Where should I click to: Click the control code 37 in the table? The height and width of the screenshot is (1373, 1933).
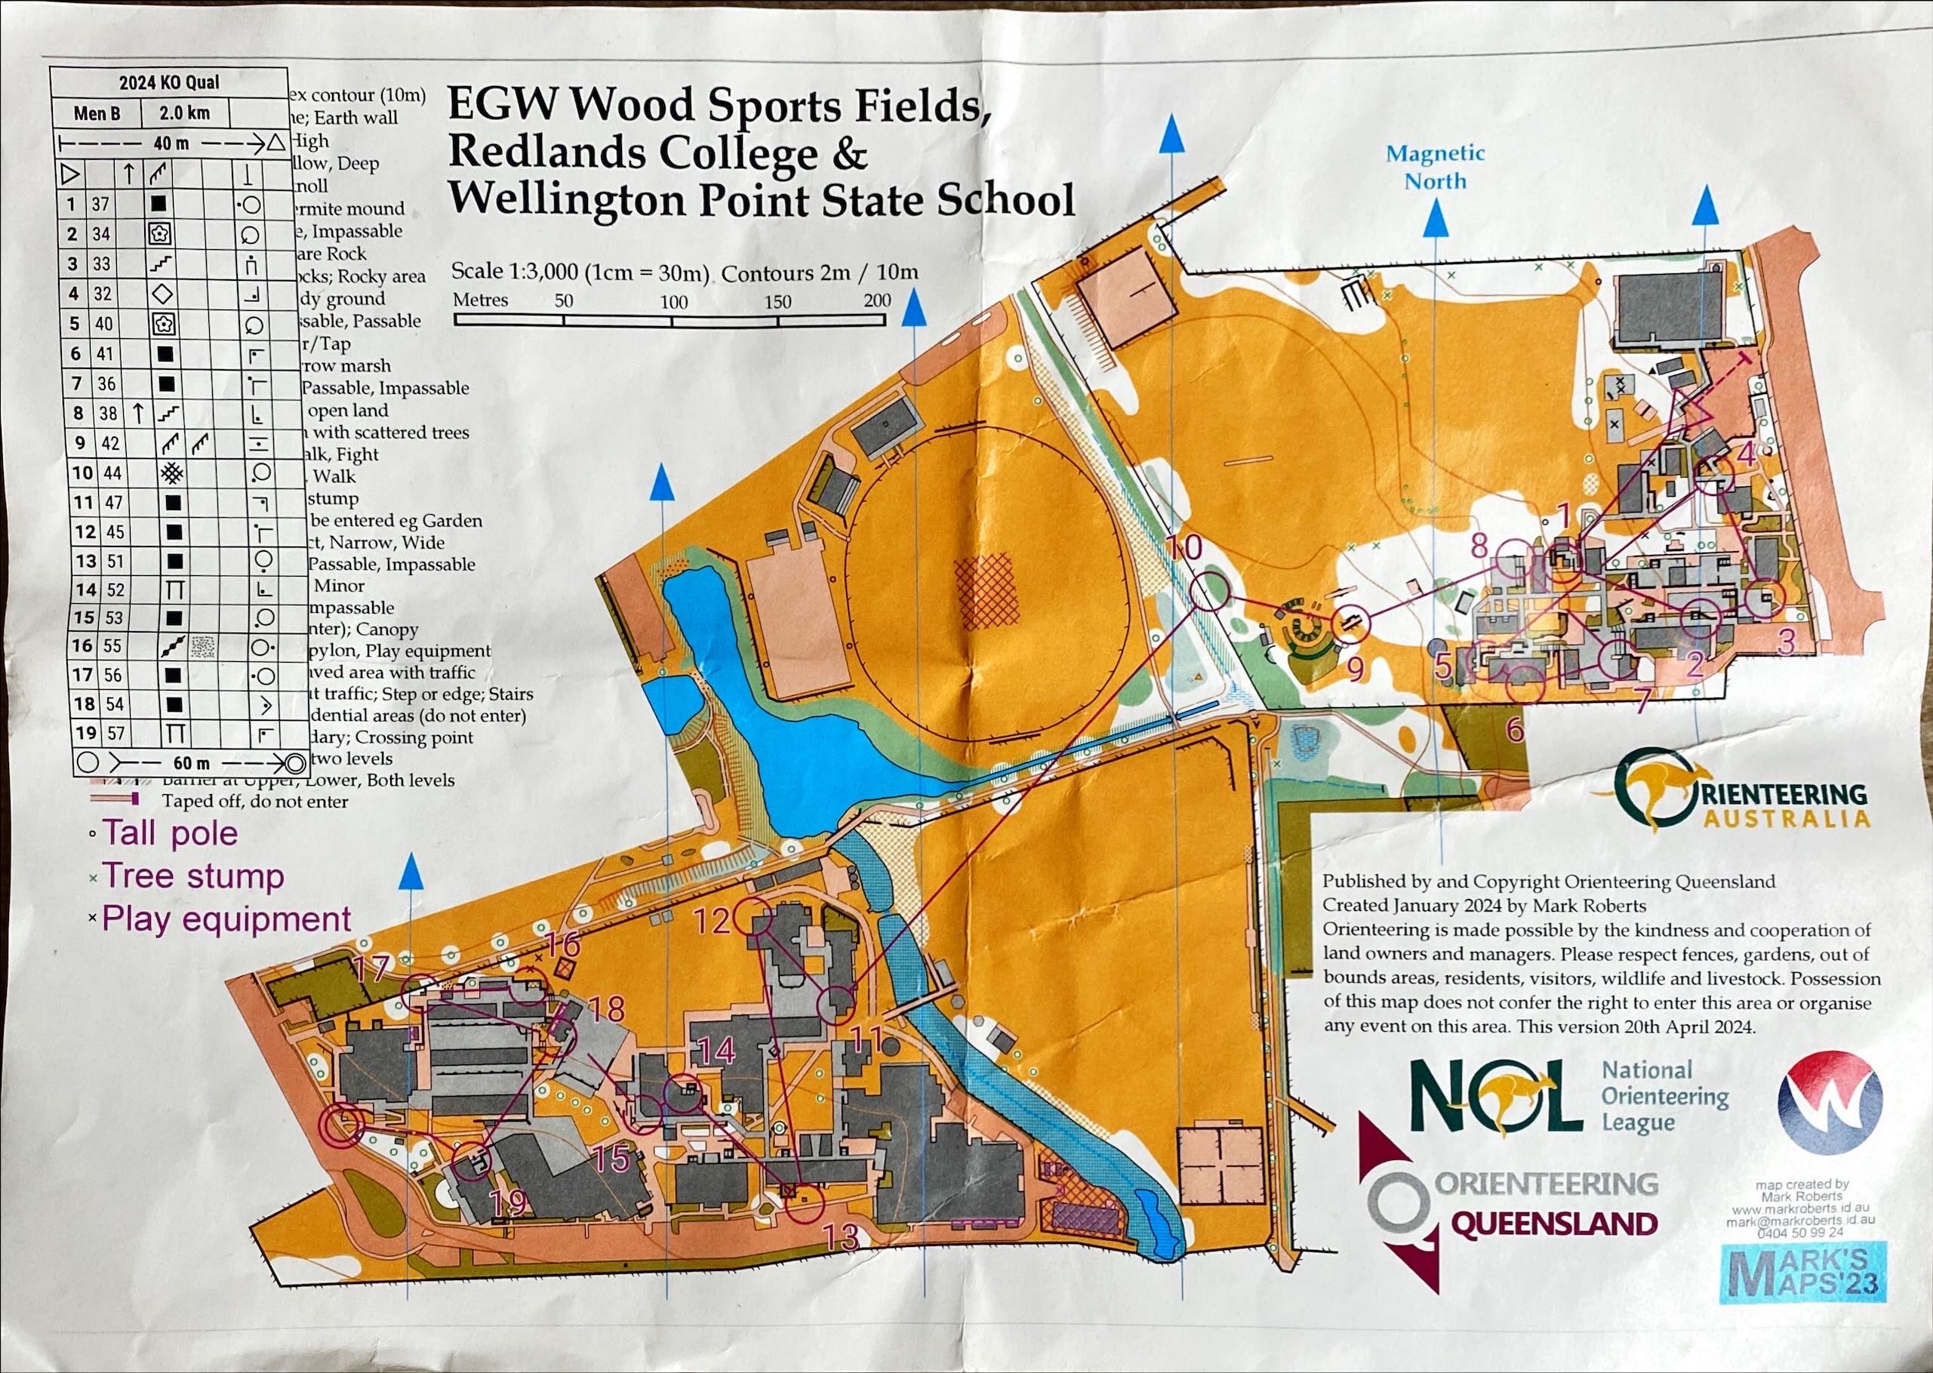click(101, 204)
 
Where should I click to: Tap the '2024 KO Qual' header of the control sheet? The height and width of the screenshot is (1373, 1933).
click(168, 82)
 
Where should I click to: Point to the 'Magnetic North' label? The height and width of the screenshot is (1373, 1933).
click(1435, 168)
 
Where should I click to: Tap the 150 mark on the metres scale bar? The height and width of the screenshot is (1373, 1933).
click(777, 301)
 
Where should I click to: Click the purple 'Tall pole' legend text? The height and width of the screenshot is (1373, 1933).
click(170, 833)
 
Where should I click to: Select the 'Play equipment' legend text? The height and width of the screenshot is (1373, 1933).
click(226, 919)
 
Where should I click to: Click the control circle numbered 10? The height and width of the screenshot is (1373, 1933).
click(1209, 590)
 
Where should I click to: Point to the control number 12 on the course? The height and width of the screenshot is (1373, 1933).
click(711, 921)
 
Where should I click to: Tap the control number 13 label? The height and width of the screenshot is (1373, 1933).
click(841, 1239)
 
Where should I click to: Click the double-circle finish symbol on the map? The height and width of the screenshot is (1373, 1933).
click(343, 1125)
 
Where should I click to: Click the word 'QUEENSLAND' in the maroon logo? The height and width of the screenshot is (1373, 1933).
click(1553, 1224)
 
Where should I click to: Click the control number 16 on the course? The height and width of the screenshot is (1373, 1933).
click(562, 942)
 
